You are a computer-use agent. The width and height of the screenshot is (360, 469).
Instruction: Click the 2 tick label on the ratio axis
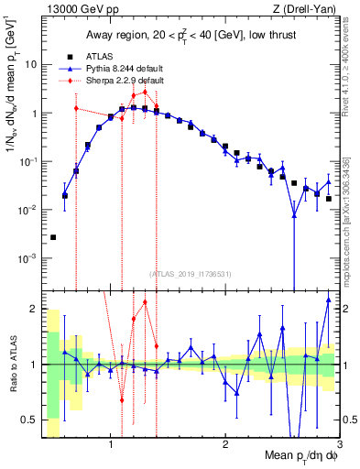click(33, 308)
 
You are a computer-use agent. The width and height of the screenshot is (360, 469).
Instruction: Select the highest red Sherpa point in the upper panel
click(145, 91)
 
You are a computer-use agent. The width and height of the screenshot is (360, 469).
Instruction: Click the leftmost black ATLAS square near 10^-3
click(53, 237)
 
